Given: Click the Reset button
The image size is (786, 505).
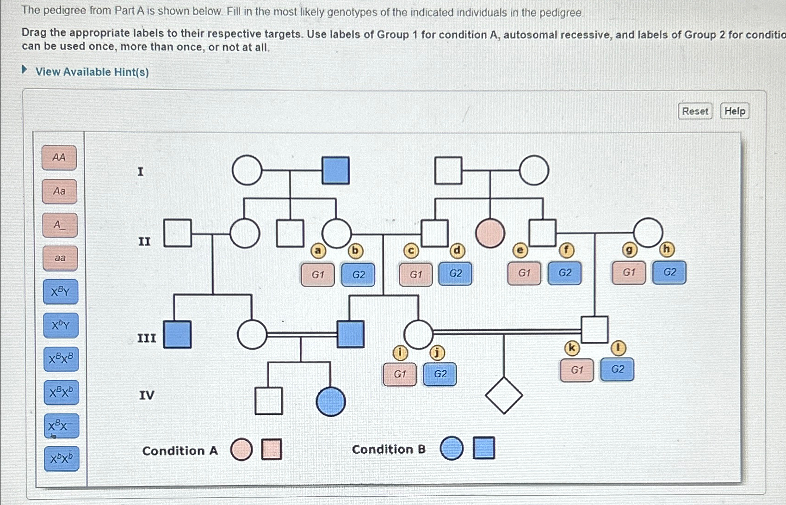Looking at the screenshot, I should (x=695, y=111).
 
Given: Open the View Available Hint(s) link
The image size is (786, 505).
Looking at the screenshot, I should (x=92, y=72).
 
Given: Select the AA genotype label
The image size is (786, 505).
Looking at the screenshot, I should (x=59, y=157).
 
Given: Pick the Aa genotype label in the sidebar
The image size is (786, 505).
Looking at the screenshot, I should (x=59, y=191).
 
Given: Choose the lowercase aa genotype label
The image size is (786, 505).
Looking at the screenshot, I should (x=60, y=258).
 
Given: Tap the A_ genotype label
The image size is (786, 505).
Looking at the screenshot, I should (x=60, y=225).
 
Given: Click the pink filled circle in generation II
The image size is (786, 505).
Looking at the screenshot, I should (x=490, y=233).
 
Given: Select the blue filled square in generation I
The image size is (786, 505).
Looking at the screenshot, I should (x=335, y=170).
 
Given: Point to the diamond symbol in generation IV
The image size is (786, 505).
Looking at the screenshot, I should (x=504, y=395).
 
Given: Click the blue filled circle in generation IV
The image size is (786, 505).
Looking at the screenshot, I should (x=331, y=401).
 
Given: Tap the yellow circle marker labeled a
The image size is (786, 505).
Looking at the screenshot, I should (x=318, y=251).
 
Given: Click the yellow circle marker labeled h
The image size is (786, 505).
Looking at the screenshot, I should (x=666, y=250).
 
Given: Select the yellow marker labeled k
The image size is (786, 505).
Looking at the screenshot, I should (x=572, y=348).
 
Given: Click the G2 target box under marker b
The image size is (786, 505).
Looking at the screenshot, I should (x=358, y=274).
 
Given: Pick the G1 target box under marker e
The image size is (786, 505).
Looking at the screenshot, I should (x=524, y=273).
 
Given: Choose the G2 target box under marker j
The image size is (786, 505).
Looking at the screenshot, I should (x=440, y=374).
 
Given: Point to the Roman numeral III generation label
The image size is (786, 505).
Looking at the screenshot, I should (x=147, y=338).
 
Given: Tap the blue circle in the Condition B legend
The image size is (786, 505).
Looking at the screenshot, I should (x=452, y=448).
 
